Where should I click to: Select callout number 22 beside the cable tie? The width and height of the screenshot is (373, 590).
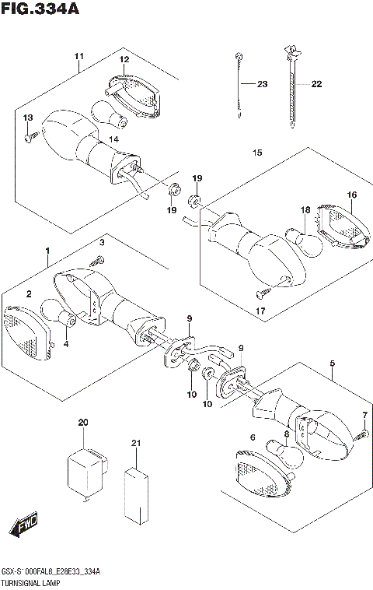click(x=316, y=84)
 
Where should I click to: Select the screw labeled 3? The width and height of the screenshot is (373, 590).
click(x=97, y=261)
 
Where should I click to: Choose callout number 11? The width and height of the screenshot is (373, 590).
click(x=78, y=58)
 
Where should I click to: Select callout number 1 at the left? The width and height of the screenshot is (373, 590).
click(x=47, y=251)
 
